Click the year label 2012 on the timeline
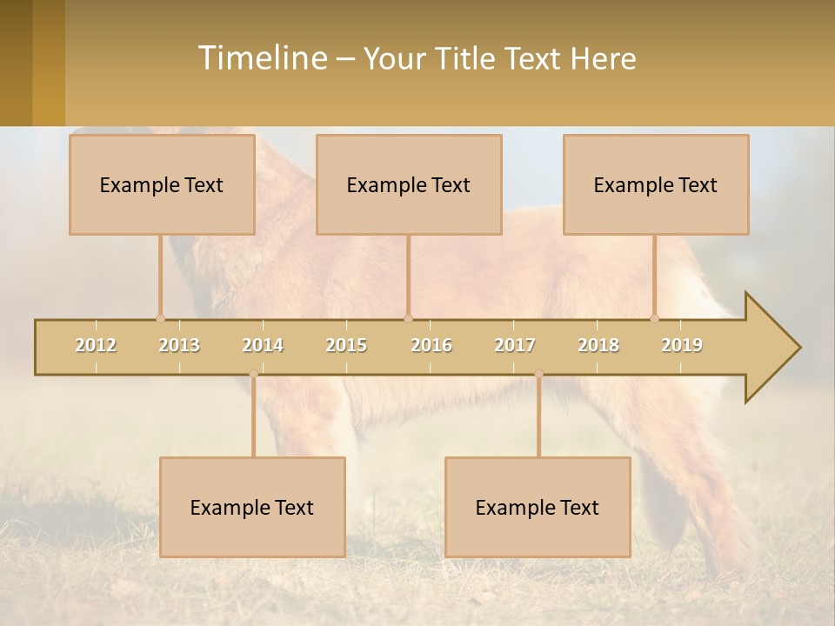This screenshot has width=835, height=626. pos(96,345)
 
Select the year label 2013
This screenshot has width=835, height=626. pos(179,345)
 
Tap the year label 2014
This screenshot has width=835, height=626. pos(263,345)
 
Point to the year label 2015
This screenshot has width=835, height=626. pos(346,345)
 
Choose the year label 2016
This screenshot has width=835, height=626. pos(431,345)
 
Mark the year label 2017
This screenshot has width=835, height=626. pos(515,345)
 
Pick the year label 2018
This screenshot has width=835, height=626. pos(598,345)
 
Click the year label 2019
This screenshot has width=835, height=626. pos(682,345)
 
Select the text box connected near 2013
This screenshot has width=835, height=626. pos(162,184)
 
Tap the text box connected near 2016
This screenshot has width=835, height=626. pos(409,184)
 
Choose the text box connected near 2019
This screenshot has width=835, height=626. pos(656,184)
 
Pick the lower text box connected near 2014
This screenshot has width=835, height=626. pos(252,507)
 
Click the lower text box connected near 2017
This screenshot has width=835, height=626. pos(538,507)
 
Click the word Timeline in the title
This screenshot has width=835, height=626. pos(261,58)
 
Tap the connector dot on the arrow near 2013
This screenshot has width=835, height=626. pos(160,318)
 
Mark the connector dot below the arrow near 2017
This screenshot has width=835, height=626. pos(538,374)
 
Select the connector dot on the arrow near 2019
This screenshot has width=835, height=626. pos(655,318)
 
